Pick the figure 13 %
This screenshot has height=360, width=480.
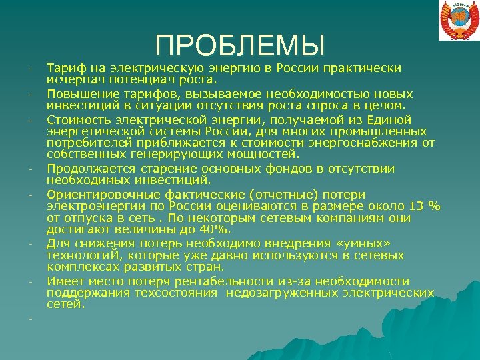click(423, 206)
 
